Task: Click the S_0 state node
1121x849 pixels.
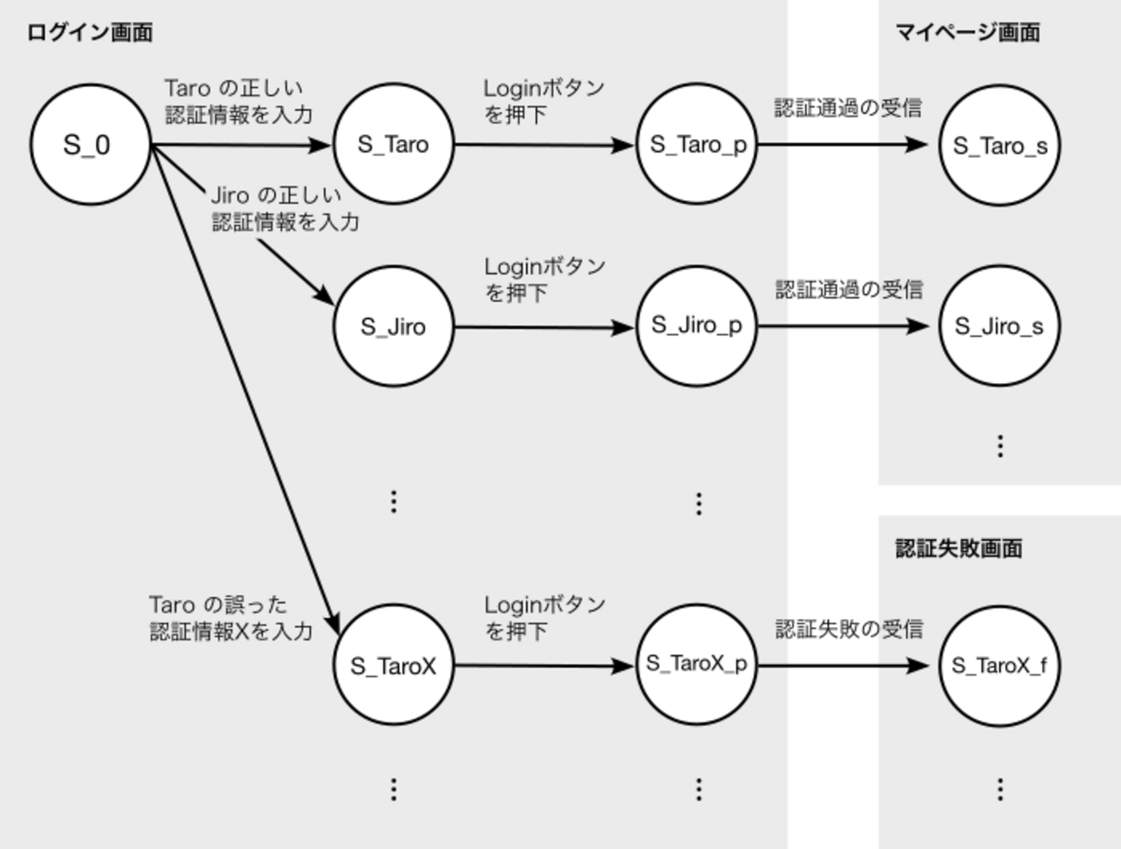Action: click(x=90, y=144)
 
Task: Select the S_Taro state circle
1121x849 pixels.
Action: click(x=393, y=144)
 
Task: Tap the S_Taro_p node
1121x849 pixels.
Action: click(x=697, y=144)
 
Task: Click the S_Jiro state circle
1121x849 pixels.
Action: click(x=393, y=326)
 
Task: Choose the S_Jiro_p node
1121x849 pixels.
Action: click(x=697, y=326)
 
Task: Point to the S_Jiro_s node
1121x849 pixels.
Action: click(x=999, y=326)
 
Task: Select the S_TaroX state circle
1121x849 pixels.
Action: click(x=393, y=665)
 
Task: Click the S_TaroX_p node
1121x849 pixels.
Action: click(x=697, y=664)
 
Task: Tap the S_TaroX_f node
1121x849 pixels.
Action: click(x=999, y=665)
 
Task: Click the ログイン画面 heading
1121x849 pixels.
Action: click(x=90, y=33)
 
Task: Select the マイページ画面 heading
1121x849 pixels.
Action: click(x=967, y=33)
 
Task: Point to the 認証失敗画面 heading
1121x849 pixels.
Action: click(x=958, y=549)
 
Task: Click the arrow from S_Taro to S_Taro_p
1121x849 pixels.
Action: click(x=543, y=145)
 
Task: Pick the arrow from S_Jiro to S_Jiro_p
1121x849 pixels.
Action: click(x=543, y=327)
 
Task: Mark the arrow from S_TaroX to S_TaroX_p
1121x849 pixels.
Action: click(x=543, y=665)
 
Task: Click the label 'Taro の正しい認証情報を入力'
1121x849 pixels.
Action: click(x=238, y=101)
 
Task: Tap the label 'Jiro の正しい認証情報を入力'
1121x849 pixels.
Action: click(x=285, y=209)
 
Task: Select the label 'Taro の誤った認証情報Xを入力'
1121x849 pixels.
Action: click(x=230, y=618)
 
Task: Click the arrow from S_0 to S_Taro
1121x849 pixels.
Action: click(x=241, y=145)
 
